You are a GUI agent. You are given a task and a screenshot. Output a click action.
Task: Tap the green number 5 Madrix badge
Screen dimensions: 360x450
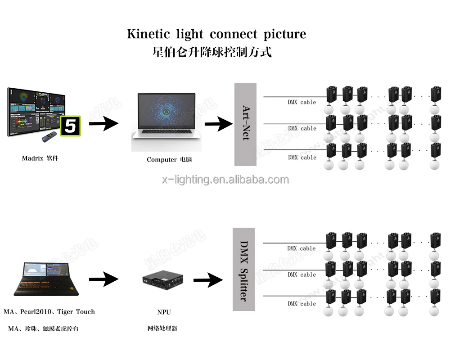70,126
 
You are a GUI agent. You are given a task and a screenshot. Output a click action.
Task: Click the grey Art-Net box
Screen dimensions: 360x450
245,124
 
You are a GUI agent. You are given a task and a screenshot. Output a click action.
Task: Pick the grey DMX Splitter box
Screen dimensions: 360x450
243,269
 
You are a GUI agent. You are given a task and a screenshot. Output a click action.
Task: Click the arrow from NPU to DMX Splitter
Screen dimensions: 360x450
208,280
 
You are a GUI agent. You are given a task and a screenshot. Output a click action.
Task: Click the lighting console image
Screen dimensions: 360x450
46,279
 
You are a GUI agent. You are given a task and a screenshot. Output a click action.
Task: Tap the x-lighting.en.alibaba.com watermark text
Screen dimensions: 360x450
225,180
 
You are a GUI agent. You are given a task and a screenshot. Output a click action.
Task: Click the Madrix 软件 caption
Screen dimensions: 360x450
40,158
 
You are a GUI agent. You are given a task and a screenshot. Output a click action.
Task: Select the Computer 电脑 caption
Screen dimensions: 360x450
169,159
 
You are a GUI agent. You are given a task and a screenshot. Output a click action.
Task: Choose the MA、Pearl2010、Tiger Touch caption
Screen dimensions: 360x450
49,311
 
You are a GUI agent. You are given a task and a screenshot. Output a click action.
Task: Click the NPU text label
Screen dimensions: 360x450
164,312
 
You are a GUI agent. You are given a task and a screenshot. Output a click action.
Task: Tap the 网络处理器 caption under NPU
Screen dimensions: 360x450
162,328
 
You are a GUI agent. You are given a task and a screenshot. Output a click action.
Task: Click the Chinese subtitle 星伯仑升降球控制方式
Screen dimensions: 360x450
212,52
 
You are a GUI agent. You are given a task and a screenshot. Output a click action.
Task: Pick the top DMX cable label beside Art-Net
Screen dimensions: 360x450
302,102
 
